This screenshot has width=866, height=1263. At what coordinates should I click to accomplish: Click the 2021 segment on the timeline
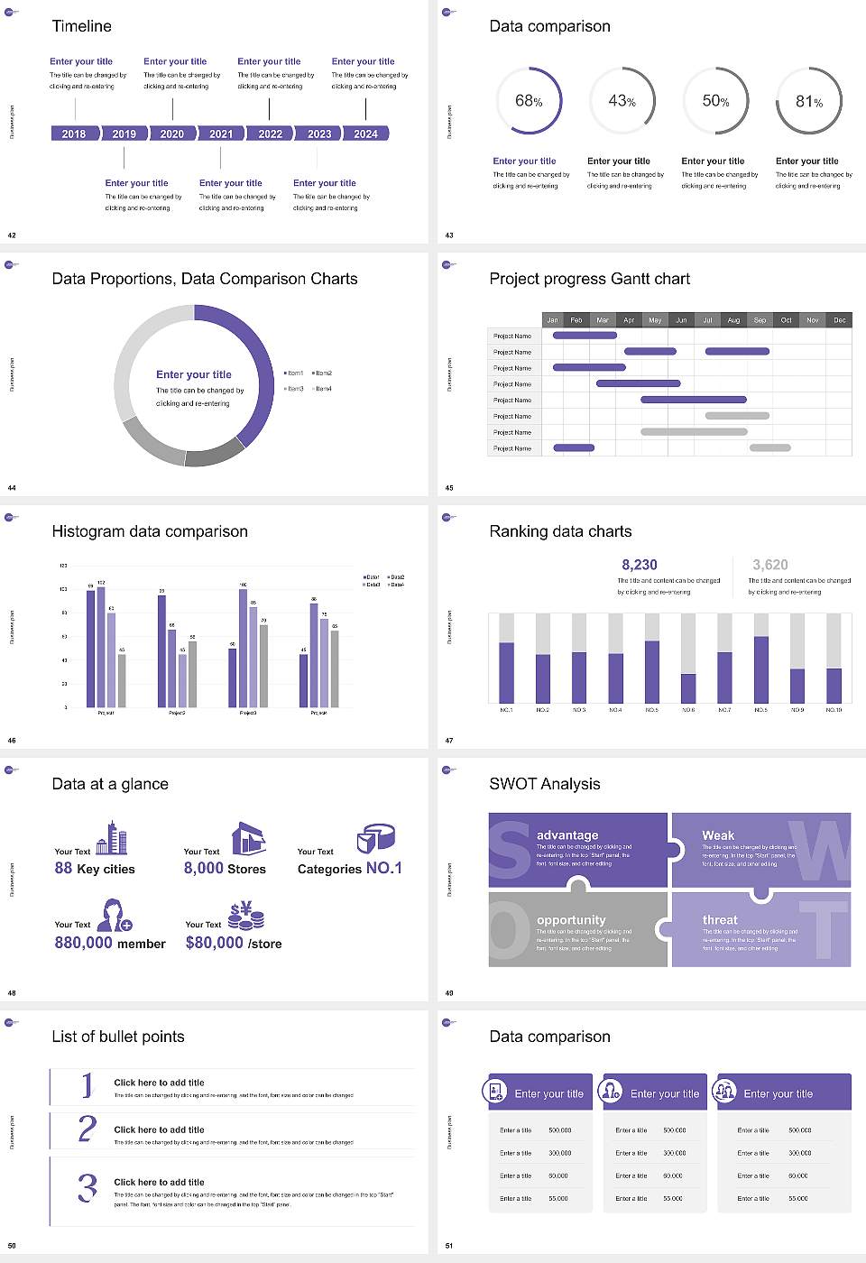221,134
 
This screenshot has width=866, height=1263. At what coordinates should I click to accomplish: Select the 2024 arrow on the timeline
365,134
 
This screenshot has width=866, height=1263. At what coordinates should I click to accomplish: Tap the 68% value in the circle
529,101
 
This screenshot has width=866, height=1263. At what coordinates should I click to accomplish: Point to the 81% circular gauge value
809,102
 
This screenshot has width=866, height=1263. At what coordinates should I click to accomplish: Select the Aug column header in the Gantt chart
733,320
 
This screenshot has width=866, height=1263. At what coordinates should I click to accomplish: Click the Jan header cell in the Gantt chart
552,320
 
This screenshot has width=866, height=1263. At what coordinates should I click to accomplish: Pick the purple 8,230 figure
640,565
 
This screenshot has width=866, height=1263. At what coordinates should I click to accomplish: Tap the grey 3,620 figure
769,565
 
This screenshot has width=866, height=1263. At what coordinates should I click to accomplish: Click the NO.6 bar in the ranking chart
688,687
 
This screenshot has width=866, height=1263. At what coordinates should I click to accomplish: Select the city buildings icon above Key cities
112,838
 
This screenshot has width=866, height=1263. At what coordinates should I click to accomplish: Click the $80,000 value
215,943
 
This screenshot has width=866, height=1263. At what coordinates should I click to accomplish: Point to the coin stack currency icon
245,916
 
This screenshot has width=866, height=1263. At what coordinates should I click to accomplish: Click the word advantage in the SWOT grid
567,835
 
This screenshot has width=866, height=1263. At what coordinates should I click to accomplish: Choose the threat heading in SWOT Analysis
720,920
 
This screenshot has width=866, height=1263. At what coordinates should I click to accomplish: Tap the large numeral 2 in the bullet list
88,1129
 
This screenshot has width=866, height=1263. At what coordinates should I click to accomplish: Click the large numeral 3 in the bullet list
88,1187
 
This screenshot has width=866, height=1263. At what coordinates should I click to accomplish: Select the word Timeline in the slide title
82,26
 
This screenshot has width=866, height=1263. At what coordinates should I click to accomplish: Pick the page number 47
449,741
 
